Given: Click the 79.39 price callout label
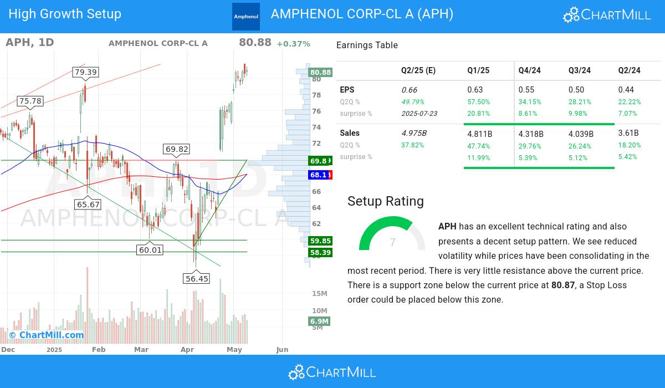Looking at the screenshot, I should click(85, 72).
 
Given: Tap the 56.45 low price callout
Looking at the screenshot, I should click(197, 279).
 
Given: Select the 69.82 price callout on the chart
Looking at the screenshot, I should click(177, 149).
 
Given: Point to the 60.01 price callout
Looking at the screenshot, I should click(150, 250).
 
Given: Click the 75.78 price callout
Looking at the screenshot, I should click(30, 101).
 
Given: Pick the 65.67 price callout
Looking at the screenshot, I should click(88, 205).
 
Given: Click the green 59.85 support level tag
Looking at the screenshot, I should click(320, 241).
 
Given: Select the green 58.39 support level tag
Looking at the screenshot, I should click(320, 253).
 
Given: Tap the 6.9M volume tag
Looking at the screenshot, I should click(320, 321).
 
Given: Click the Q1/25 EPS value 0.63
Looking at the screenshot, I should click(475, 90).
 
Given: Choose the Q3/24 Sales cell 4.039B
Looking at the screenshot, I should click(581, 134).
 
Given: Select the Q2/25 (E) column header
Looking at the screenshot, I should click(418, 70).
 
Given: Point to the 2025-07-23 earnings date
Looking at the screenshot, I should click(419, 114).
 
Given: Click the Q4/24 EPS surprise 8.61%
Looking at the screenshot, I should click(530, 114).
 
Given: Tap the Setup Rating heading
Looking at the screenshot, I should click(386, 201).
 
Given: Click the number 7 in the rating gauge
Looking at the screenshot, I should click(393, 243).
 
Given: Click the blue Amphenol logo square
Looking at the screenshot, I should click(246, 17).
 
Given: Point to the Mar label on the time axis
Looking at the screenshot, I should click(141, 350).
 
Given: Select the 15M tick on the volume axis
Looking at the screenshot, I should click(320, 293).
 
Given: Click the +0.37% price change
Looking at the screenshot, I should click(293, 44).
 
